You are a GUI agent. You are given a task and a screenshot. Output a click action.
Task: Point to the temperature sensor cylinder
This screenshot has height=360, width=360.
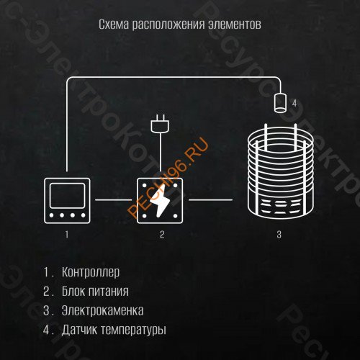point(279,102)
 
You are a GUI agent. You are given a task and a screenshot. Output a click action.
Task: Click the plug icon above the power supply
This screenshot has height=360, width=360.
point(158,125)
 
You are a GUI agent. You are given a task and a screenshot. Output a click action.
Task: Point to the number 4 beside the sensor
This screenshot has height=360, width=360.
point(294,104)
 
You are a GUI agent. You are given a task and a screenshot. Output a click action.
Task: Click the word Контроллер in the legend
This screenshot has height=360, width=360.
point(91,273)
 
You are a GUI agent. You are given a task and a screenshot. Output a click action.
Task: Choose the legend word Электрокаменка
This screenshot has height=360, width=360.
point(103,311)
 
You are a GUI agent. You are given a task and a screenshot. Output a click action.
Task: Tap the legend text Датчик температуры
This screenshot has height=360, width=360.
point(114,330)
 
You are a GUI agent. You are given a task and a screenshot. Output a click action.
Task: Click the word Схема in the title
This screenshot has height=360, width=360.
point(112,24)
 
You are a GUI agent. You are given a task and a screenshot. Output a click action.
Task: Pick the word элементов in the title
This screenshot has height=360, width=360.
point(235,24)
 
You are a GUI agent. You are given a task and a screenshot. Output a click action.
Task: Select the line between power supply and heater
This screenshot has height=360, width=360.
point(210,199)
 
